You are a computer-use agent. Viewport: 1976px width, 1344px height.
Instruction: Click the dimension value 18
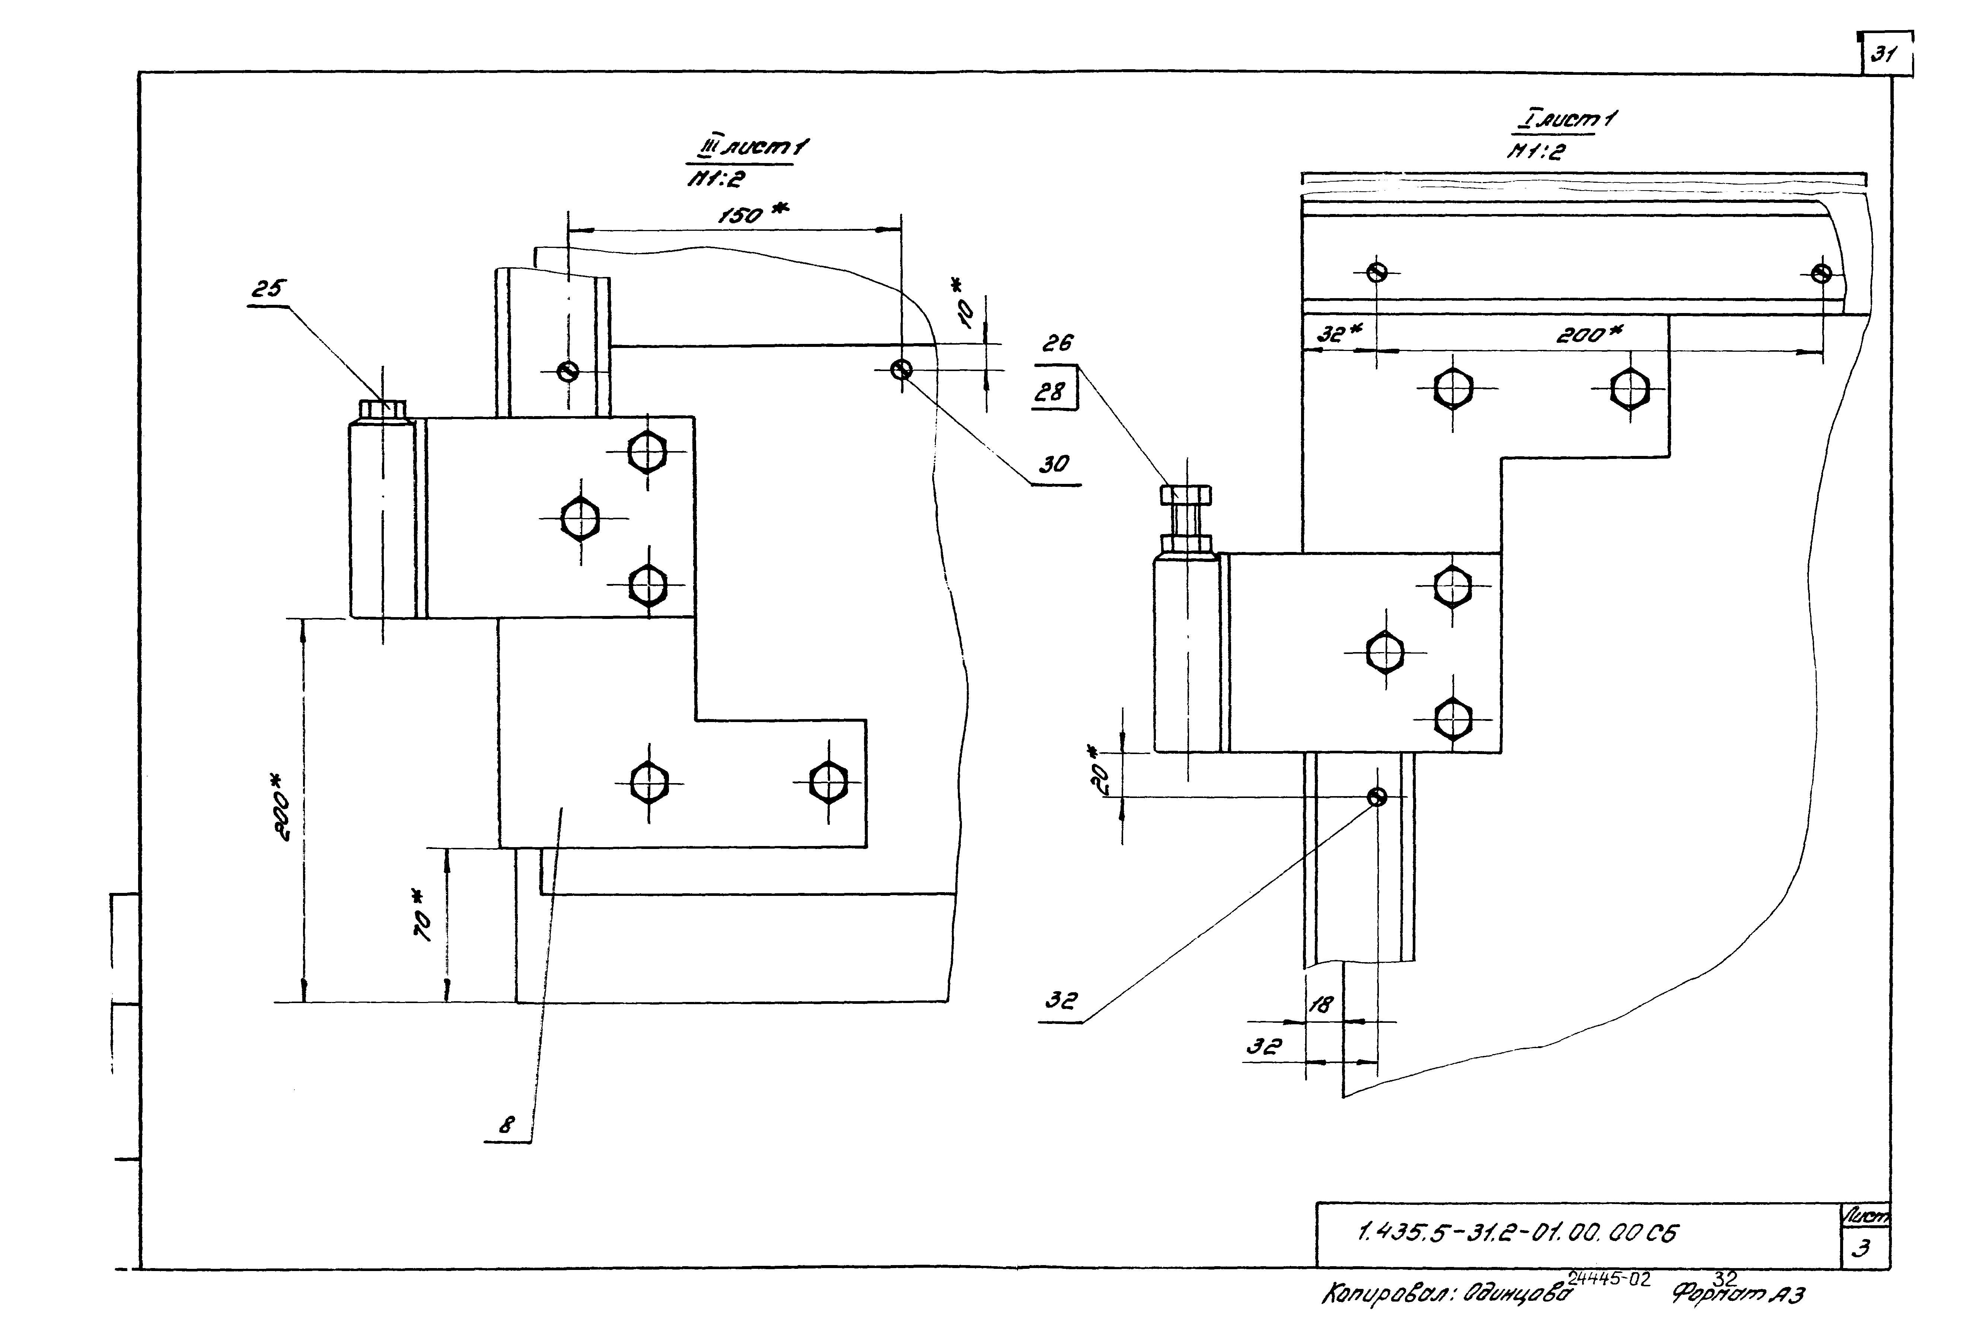point(1320,1005)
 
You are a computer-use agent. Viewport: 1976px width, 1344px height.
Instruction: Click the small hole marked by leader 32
point(1377,796)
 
